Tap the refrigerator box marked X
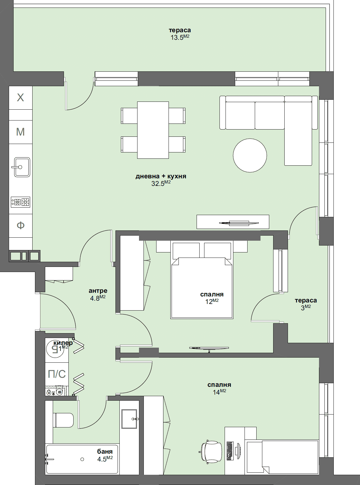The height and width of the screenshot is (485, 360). click(x=21, y=98)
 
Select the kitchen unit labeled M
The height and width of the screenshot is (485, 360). click(x=21, y=132)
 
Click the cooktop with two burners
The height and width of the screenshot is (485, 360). click(x=21, y=202)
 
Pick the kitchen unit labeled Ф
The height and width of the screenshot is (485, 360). click(x=21, y=225)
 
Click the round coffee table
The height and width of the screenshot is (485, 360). click(x=250, y=155)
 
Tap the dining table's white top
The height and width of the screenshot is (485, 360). click(x=153, y=130)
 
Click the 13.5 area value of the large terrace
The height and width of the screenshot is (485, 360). click(x=177, y=38)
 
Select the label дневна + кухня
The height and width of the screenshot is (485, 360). click(x=161, y=176)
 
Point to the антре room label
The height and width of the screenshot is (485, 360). click(x=98, y=291)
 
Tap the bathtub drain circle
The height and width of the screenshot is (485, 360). click(x=82, y=459)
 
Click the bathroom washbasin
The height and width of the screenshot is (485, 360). click(x=129, y=419)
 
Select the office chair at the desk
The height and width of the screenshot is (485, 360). click(x=212, y=452)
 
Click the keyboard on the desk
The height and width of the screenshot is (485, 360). click(x=230, y=451)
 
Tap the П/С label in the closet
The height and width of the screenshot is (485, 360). click(x=57, y=374)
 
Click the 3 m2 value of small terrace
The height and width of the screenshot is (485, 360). click(x=303, y=308)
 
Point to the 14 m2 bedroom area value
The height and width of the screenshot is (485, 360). click(x=216, y=392)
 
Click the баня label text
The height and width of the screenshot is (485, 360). click(x=105, y=451)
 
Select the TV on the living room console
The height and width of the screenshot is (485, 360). click(x=239, y=223)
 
